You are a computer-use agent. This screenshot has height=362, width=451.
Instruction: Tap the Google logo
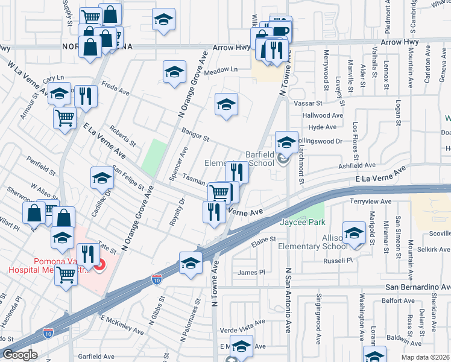point(20,355)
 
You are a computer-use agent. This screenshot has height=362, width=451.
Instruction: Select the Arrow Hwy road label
point(315,42)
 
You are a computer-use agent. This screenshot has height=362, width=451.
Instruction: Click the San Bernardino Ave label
point(418,287)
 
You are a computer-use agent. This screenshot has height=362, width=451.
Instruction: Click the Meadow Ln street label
point(221,70)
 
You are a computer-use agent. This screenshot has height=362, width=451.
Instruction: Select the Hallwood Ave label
point(323,115)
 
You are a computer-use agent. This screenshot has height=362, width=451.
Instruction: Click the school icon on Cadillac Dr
point(102,178)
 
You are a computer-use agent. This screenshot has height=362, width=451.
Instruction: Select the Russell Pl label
point(336,261)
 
